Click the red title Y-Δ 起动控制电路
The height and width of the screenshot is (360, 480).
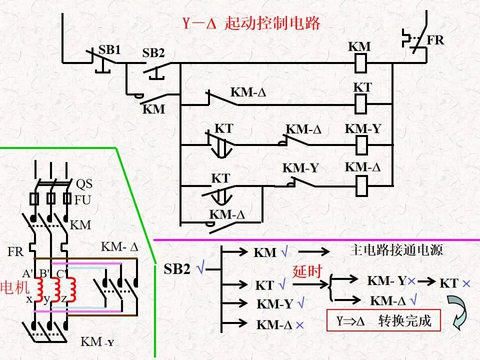(x=251, y=23)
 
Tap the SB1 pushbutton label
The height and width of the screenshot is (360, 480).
(x=109, y=50)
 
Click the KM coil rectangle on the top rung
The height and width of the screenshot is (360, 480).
(x=360, y=63)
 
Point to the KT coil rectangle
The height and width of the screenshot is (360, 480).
(x=360, y=104)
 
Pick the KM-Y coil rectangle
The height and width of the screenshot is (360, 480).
(x=361, y=145)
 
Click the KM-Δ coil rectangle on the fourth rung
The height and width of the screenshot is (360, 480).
(x=361, y=186)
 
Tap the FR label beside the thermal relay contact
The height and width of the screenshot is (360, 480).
(x=435, y=40)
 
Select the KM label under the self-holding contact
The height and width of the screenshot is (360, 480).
(x=153, y=109)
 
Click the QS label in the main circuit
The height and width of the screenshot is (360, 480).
(x=84, y=183)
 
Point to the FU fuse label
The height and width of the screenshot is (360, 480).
(x=82, y=200)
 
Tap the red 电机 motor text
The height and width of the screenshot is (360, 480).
(x=14, y=287)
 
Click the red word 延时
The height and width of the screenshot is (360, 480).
(x=307, y=271)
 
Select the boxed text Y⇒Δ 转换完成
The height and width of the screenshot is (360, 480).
(x=383, y=320)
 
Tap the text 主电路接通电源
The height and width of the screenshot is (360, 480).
(x=396, y=250)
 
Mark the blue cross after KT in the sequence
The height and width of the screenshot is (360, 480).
(x=466, y=284)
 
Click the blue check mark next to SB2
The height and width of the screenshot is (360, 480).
(x=200, y=268)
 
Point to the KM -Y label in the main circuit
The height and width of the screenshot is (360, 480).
(x=97, y=341)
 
